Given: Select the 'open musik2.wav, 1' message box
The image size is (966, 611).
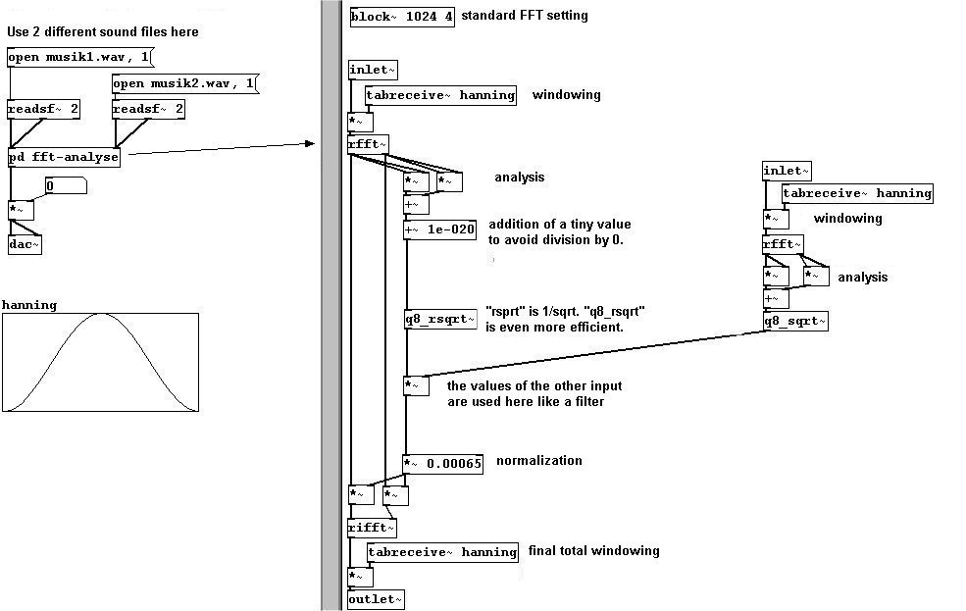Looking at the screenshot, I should [183, 83].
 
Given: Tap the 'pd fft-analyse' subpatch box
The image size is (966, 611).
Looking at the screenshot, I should [64, 157].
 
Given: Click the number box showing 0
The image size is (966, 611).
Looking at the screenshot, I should [66, 185].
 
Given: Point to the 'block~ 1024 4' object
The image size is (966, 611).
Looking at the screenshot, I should [402, 17].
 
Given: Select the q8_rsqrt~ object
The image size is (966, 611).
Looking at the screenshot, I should [440, 319].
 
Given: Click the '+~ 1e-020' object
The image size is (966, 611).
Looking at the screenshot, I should [440, 230].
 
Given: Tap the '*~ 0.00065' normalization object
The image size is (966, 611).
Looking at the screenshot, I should [443, 463].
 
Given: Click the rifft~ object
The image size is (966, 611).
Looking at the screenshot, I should [372, 528].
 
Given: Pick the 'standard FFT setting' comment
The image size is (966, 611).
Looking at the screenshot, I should [524, 16].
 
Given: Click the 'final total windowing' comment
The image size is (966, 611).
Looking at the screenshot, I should [593, 550].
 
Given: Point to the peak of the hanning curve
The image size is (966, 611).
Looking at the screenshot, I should [101, 315].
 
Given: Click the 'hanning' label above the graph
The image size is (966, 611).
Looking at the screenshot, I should [29, 305].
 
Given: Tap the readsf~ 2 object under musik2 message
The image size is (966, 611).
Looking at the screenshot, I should [149, 109].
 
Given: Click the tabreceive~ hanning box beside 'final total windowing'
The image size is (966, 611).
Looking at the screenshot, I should [442, 552].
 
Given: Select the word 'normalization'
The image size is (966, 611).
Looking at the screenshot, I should [538, 461].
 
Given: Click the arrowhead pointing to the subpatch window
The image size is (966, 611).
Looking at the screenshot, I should [310, 144].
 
